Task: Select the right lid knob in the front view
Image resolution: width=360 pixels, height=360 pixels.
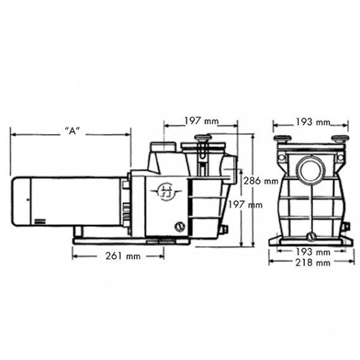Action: [340, 139]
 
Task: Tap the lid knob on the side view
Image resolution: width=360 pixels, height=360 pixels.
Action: [203, 138]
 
